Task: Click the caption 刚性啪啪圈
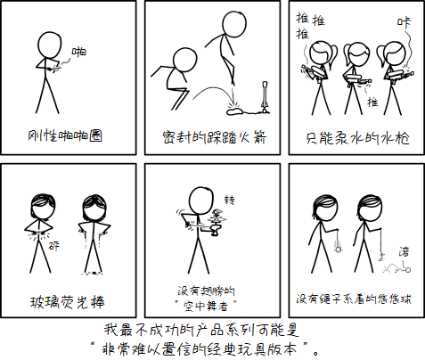65,136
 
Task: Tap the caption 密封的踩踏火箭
215,137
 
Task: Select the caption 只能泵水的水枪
357,138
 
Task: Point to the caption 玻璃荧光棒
67,302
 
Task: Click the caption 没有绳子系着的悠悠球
354,299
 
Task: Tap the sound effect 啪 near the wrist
79,52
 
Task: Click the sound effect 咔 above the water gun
404,22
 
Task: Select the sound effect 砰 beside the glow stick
53,246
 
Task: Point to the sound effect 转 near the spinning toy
230,200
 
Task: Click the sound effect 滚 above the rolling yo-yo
404,251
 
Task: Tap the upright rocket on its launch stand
265,97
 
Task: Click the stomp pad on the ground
234,111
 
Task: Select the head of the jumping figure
234,23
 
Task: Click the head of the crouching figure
184,61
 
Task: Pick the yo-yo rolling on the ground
408,270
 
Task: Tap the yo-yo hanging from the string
339,249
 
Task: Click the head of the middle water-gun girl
356,54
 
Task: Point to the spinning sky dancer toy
217,223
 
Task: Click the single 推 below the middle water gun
372,102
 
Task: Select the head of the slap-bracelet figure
50,44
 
